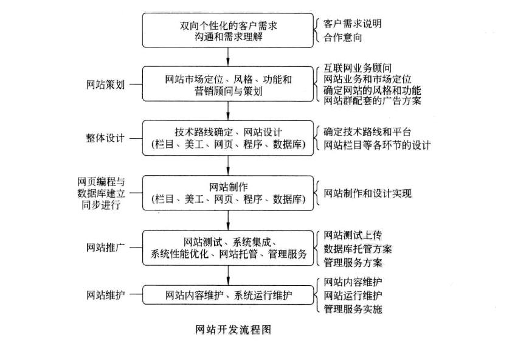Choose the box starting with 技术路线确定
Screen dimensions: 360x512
(x=228, y=138)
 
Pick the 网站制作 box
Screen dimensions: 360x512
(x=228, y=192)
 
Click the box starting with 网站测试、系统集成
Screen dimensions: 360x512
(x=228, y=247)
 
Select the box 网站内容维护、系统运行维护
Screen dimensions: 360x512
(x=228, y=296)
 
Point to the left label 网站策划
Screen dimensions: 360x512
(x=105, y=85)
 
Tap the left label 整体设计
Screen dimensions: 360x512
(x=105, y=138)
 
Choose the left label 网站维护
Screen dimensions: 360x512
(x=105, y=296)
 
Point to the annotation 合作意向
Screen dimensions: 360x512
(x=343, y=38)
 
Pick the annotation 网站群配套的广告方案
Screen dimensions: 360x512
(x=372, y=100)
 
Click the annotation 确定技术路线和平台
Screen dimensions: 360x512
(x=367, y=131)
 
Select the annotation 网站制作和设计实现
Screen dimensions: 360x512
(x=367, y=193)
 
